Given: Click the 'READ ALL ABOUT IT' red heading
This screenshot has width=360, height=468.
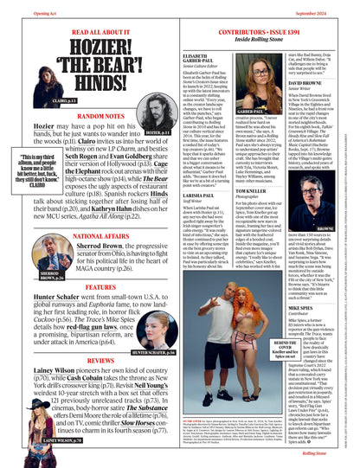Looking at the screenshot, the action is pos(87,30).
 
